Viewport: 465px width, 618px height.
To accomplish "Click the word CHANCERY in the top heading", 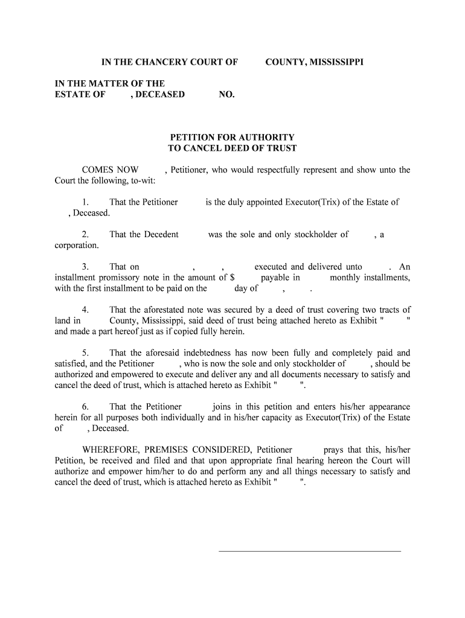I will tap(164, 62).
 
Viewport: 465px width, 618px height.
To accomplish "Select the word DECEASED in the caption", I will tap(161, 94).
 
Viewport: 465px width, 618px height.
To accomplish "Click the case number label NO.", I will tap(226, 94).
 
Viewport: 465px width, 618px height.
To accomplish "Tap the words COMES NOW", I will tap(110, 170).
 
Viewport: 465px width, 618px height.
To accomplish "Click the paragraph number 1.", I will tap(86, 202).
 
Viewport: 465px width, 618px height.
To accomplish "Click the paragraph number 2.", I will tap(86, 234).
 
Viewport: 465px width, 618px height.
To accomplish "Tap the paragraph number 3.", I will tap(86, 267).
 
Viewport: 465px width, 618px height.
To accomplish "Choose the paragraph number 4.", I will tap(86, 310).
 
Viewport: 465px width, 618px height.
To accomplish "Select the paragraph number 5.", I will tap(86, 353).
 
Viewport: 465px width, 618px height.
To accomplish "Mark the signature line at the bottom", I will tap(309, 551).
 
